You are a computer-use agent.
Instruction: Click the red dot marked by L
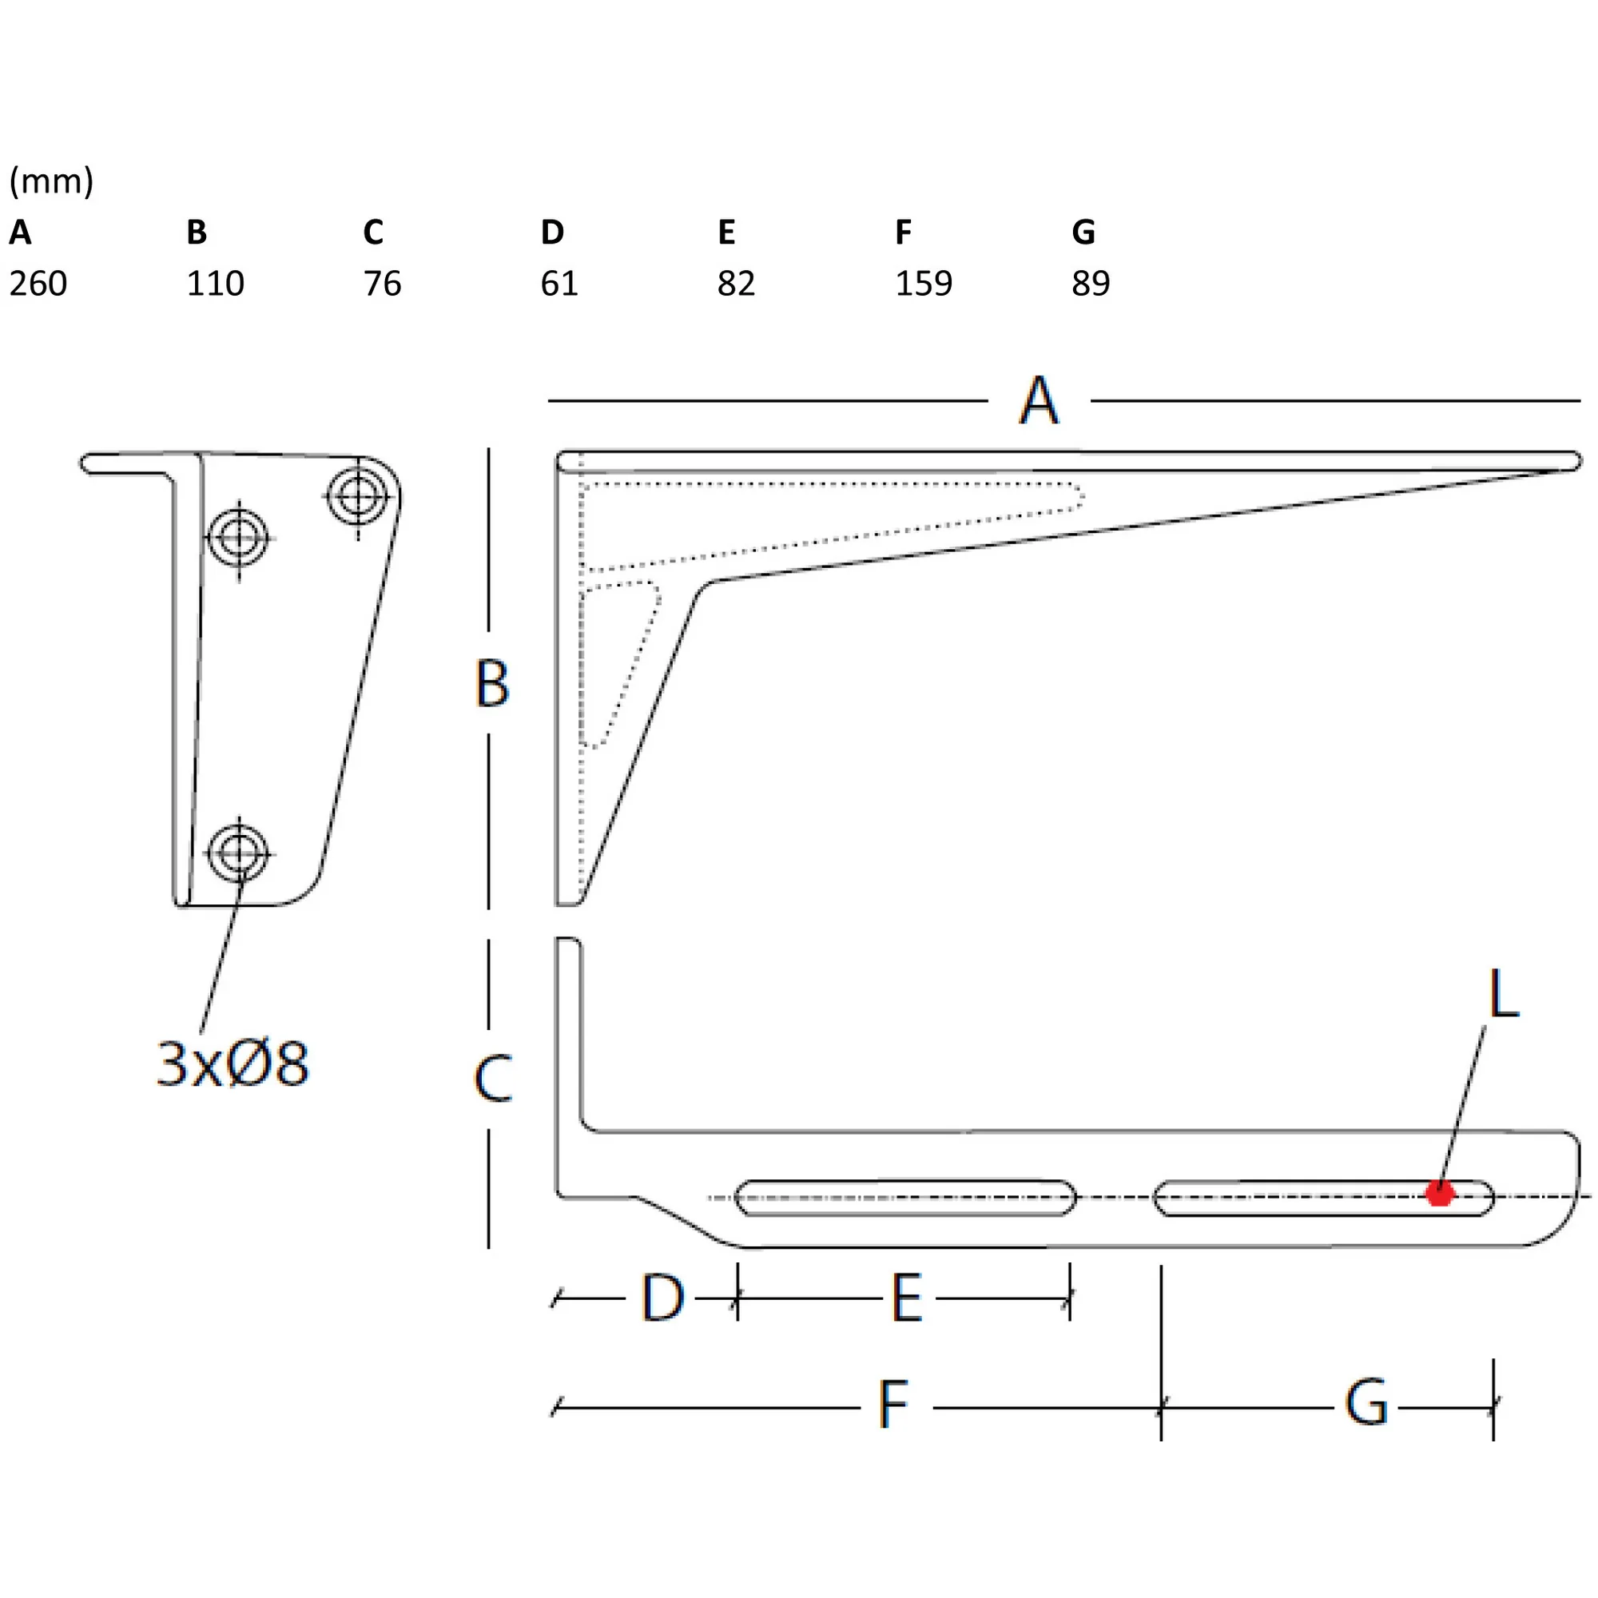point(1439,1194)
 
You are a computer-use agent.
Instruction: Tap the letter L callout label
point(1504,992)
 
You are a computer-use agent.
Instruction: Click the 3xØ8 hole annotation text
point(233,1063)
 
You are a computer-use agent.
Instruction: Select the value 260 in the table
point(38,284)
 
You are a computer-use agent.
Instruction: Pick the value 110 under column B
point(215,284)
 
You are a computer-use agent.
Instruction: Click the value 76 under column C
point(382,284)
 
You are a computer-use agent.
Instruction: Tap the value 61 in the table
point(559,284)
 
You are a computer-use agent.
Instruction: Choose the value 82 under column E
point(736,284)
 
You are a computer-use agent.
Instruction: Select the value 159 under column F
point(924,284)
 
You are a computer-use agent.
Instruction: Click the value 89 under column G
point(1091,284)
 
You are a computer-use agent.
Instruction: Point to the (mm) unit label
point(51,181)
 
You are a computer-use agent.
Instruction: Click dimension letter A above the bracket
point(1039,400)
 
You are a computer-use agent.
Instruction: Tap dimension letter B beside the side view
point(492,683)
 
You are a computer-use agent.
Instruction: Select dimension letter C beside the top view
point(493,1079)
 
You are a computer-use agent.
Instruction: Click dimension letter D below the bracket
point(662,1298)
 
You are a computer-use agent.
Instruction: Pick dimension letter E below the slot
point(907,1298)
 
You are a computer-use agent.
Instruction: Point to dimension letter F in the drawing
point(893,1405)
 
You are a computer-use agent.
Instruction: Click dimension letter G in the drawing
point(1366,1403)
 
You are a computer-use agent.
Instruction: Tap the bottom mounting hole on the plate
point(239,853)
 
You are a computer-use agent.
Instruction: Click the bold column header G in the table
point(1083,233)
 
